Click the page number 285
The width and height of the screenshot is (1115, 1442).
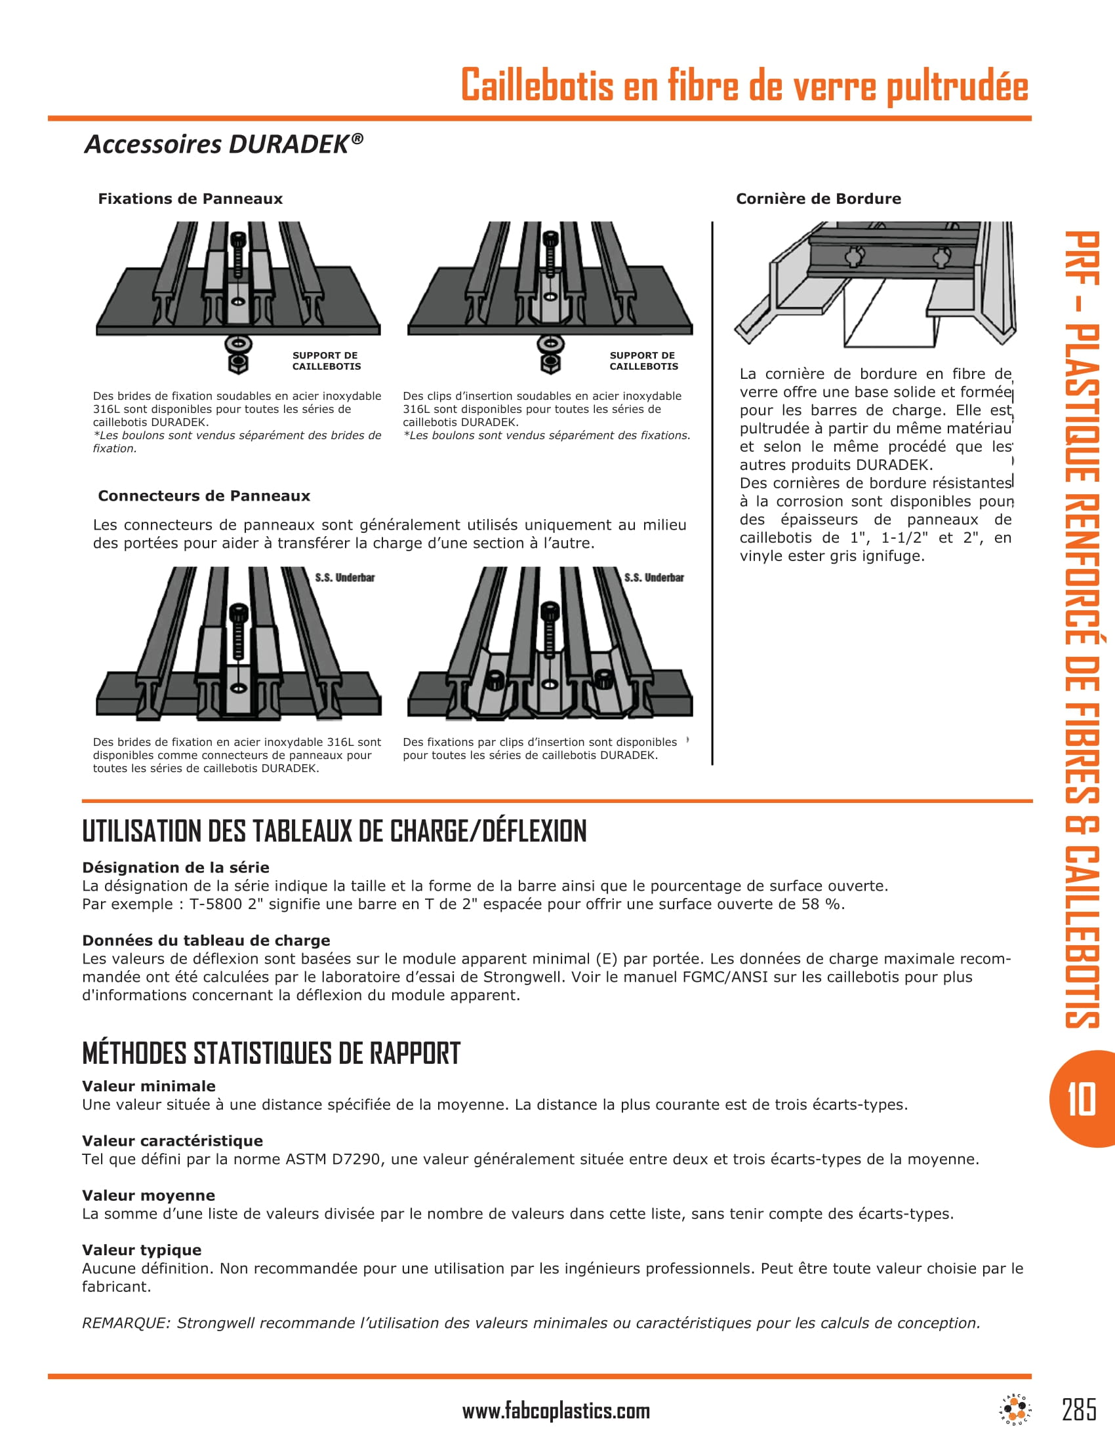pos(1080,1409)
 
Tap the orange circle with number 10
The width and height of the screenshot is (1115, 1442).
pos(1081,1099)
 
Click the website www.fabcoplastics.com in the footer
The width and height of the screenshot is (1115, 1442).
pos(556,1411)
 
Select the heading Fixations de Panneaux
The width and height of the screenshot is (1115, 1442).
pos(190,199)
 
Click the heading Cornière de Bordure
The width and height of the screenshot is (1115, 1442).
pos(819,199)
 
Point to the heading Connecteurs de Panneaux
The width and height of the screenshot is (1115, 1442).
pos(203,496)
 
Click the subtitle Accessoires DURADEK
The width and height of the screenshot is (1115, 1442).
pos(223,144)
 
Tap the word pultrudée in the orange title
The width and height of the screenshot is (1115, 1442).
pos(957,86)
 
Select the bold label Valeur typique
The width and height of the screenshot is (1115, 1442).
pos(142,1250)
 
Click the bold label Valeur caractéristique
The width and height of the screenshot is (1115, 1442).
pos(172,1141)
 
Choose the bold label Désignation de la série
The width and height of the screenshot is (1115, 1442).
pos(176,868)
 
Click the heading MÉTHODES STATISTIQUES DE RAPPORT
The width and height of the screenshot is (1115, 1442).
pos(271,1053)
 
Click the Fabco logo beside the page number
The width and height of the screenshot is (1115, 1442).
pos(1015,1409)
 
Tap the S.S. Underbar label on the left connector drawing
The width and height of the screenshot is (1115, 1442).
pos(344,577)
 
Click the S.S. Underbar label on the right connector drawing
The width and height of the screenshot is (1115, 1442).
pos(654,577)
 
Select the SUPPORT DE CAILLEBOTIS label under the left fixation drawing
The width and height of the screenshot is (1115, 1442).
pos(327,360)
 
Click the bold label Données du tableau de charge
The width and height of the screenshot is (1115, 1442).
pos(206,940)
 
